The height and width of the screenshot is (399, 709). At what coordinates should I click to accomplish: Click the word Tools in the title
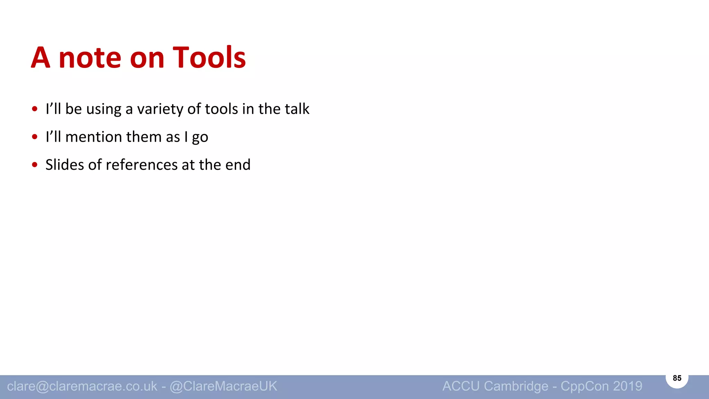coord(209,57)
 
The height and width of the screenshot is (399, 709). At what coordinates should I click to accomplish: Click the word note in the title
coord(90,58)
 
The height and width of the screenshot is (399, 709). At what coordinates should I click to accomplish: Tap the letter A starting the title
coord(41,57)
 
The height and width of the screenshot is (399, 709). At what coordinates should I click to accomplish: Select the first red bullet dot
coord(34,109)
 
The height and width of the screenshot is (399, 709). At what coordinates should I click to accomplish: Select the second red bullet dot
coord(34,137)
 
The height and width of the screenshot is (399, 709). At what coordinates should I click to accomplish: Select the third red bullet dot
coord(34,165)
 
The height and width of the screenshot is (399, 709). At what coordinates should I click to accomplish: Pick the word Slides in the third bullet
coord(64,165)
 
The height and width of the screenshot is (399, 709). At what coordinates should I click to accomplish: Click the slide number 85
coord(677,378)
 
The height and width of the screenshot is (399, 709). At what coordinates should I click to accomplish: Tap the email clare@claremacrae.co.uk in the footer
coord(82,386)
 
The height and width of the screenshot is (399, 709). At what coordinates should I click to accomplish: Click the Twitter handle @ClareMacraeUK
coord(223,386)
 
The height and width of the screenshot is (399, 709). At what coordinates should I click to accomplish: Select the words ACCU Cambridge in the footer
coord(495,386)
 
